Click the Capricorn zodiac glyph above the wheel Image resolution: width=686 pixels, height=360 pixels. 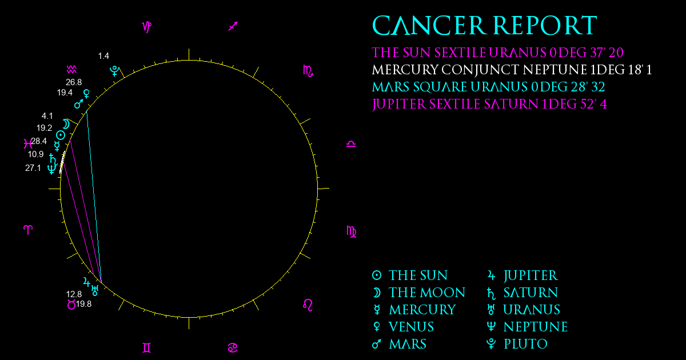[x=147, y=27]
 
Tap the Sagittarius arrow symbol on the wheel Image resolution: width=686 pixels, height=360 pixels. [x=233, y=26]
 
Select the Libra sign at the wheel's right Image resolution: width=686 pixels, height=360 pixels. [x=351, y=144]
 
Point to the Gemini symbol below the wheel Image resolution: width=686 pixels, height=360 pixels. [x=147, y=348]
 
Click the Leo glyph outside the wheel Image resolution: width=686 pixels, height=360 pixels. [x=308, y=305]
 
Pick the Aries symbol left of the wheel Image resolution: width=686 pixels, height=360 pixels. [x=28, y=230]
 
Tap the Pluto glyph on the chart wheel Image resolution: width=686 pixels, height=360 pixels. [x=114, y=71]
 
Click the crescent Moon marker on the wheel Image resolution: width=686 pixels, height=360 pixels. [x=66, y=124]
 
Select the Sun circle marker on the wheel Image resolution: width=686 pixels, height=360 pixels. [x=61, y=135]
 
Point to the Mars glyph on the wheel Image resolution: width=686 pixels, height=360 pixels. [x=79, y=104]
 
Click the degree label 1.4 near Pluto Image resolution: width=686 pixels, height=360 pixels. [x=103, y=56]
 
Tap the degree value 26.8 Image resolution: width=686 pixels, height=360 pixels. [x=74, y=82]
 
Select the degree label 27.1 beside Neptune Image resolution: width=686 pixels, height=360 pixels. [x=33, y=168]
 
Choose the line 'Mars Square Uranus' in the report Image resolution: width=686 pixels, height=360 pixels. [x=488, y=87]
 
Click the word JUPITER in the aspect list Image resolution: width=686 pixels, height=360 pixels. [x=399, y=105]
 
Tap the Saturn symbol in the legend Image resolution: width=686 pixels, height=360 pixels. [x=491, y=293]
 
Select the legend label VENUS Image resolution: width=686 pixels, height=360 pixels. [x=411, y=327]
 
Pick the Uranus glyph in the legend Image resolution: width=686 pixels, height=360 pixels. [x=491, y=310]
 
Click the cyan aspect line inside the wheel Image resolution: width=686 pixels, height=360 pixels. [x=94, y=196]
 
